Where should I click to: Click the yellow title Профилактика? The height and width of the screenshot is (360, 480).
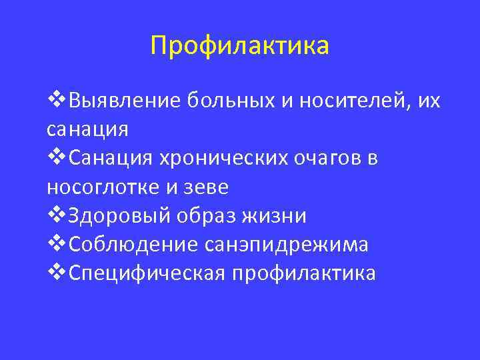239,46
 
